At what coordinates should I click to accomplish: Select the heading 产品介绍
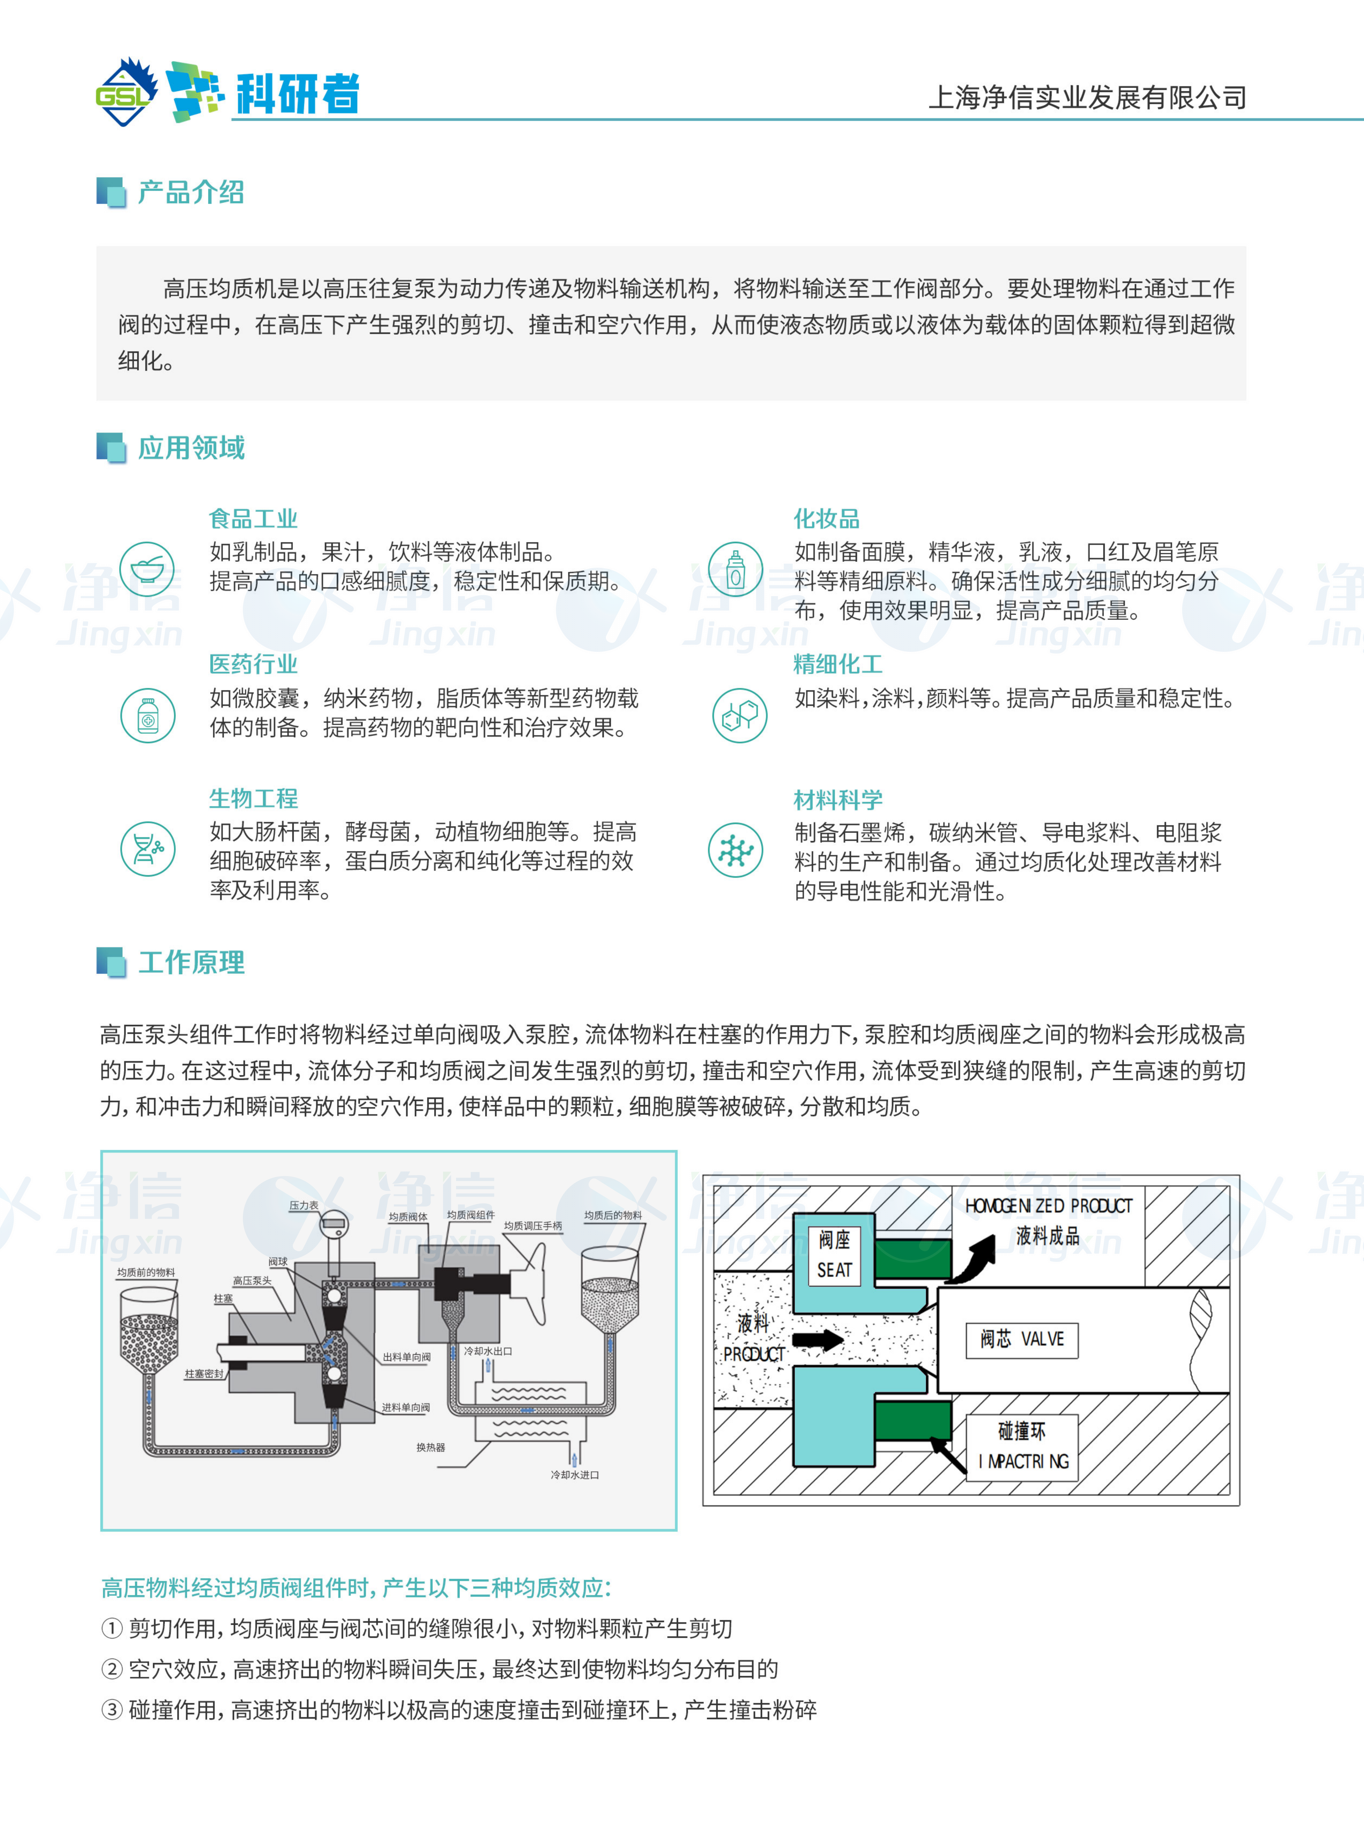pyautogui.click(x=191, y=192)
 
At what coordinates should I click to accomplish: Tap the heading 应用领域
pyautogui.click(x=191, y=448)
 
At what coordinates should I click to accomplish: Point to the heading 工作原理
pyautogui.click(x=191, y=962)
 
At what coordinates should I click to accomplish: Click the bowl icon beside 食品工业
pyautogui.click(x=147, y=568)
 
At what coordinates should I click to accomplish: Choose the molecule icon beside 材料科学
pyautogui.click(x=735, y=849)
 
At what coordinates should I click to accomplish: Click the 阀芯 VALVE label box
pyautogui.click(x=1022, y=1338)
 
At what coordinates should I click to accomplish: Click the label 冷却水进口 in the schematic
pyautogui.click(x=575, y=1474)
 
